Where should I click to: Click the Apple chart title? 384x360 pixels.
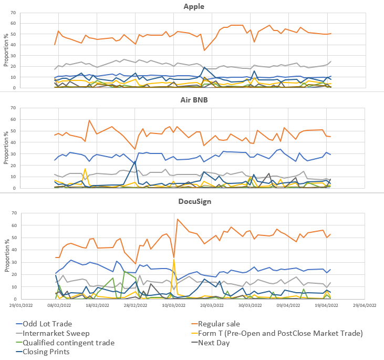(x=194, y=6)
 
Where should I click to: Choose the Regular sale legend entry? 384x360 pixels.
(x=232, y=324)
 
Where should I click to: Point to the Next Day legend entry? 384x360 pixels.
(x=226, y=343)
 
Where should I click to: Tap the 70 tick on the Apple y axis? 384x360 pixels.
(x=13, y=13)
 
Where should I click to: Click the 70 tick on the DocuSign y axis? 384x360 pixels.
(x=13, y=213)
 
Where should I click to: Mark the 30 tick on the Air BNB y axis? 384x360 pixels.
(x=13, y=154)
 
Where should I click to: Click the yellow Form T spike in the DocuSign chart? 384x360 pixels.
(x=174, y=261)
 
